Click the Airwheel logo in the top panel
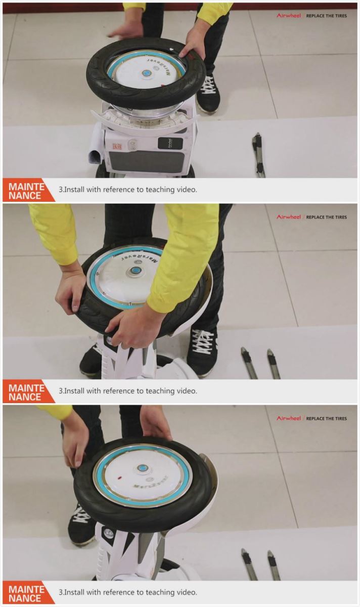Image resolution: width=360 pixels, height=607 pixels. point(288,16)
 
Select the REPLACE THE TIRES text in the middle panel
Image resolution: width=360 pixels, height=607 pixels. point(327,217)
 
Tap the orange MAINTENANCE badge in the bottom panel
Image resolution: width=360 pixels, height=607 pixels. point(26,593)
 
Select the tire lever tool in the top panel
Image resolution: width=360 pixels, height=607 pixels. point(258,155)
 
